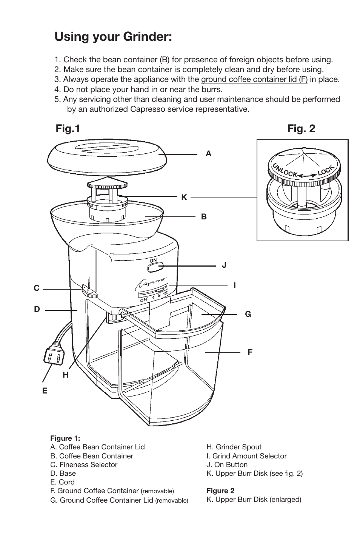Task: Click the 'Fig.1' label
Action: [68, 129]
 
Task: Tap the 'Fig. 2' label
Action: [301, 129]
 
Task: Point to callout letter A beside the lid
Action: [208, 154]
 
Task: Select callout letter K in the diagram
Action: [184, 197]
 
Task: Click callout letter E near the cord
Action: [45, 391]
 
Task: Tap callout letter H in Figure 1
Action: [66, 375]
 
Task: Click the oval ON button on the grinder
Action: [155, 267]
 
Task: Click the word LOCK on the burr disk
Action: [326, 171]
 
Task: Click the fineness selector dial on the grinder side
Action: [89, 291]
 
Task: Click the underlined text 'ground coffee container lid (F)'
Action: [254, 79]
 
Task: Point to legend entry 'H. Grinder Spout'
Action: [234, 447]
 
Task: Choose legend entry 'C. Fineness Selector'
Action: [83, 465]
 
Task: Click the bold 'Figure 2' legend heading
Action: [220, 491]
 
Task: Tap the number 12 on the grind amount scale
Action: [165, 294]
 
